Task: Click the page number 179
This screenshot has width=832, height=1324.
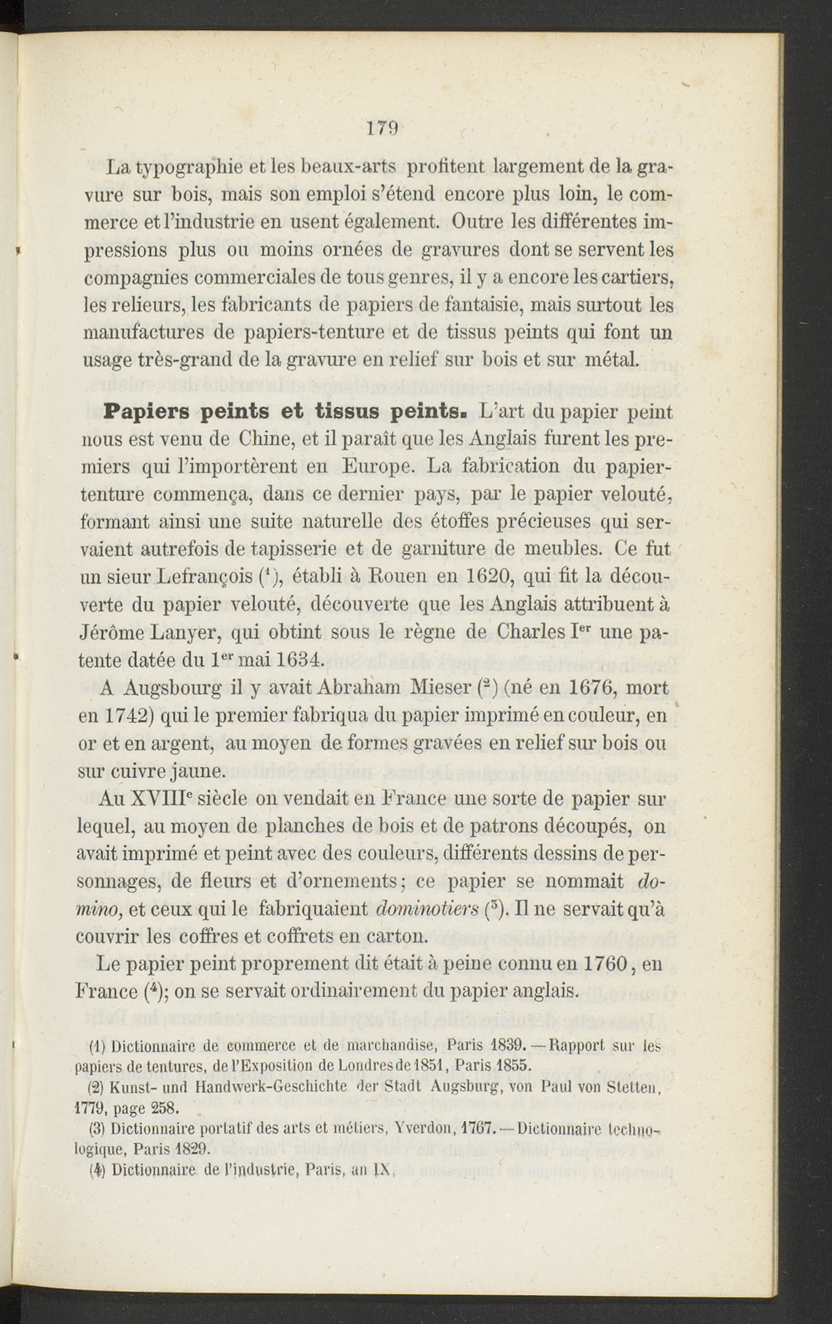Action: pyautogui.click(x=383, y=128)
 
